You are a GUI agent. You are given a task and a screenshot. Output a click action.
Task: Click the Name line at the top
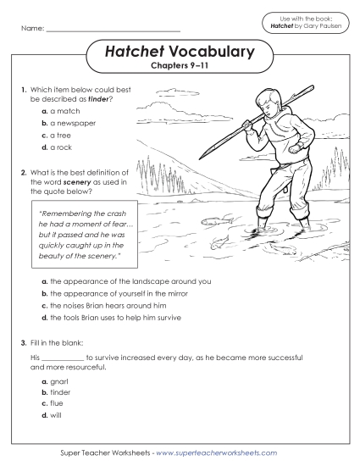coord(113,31)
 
